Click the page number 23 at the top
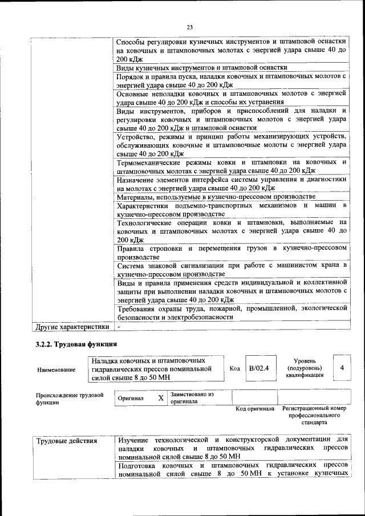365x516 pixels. coord(190,26)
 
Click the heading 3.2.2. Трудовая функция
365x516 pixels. coord(76,344)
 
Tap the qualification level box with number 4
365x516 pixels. coord(342,368)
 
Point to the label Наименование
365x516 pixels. coord(56,369)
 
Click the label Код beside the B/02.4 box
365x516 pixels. coord(234,368)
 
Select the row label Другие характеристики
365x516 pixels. coord(72,327)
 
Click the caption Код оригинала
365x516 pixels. coord(255,409)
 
